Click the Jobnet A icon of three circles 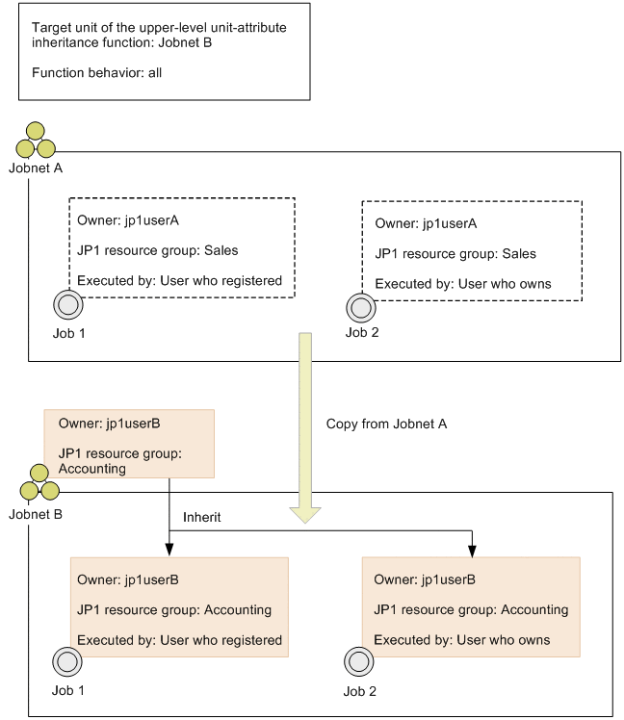pyautogui.click(x=37, y=141)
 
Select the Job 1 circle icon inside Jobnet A pyautogui.click(x=68, y=305)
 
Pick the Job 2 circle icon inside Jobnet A pyautogui.click(x=359, y=307)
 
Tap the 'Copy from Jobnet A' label pyautogui.click(x=386, y=424)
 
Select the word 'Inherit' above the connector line pyautogui.click(x=202, y=517)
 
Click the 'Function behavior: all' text pyautogui.click(x=96, y=72)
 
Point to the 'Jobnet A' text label pyautogui.click(x=36, y=167)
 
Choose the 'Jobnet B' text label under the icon pyautogui.click(x=36, y=514)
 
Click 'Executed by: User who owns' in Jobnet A pyautogui.click(x=462, y=284)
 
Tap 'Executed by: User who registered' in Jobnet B pyautogui.click(x=179, y=640)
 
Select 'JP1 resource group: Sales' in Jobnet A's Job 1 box pyautogui.click(x=157, y=250)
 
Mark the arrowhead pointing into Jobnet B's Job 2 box pyautogui.click(x=472, y=551)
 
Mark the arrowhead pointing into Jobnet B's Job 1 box pyautogui.click(x=169, y=551)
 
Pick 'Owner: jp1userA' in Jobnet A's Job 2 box pyautogui.click(x=426, y=223)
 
